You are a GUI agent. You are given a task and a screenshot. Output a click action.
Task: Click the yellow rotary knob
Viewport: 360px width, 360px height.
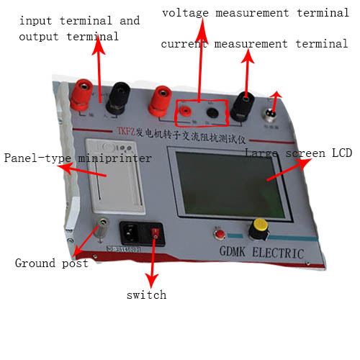click(x=257, y=230)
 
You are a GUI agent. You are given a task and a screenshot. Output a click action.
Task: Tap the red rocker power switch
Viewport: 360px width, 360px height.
click(x=154, y=231)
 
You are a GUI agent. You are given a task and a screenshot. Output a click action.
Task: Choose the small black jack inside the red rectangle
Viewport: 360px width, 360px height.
click(x=212, y=112)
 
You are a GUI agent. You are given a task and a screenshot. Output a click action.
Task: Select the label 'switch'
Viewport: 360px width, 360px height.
click(x=146, y=294)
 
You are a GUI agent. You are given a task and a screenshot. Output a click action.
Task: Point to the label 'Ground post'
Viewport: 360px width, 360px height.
click(x=52, y=264)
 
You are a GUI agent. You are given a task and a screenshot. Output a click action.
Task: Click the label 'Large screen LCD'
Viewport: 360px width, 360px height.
click(x=297, y=153)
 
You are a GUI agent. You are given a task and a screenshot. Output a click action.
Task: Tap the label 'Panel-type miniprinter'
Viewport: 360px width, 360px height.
click(x=78, y=158)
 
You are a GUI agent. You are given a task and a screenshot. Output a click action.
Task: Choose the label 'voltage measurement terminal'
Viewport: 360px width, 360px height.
click(x=255, y=13)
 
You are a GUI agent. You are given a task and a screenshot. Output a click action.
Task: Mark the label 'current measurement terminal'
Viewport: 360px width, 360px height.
click(x=254, y=45)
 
